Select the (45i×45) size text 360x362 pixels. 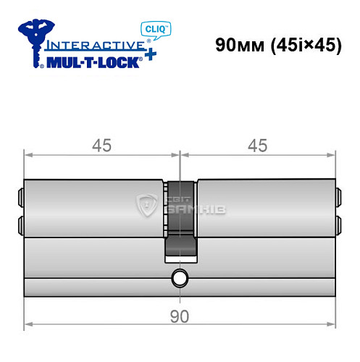tap(304, 44)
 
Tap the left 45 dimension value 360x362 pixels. tap(101, 146)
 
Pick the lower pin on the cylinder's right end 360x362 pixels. tap(338, 221)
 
